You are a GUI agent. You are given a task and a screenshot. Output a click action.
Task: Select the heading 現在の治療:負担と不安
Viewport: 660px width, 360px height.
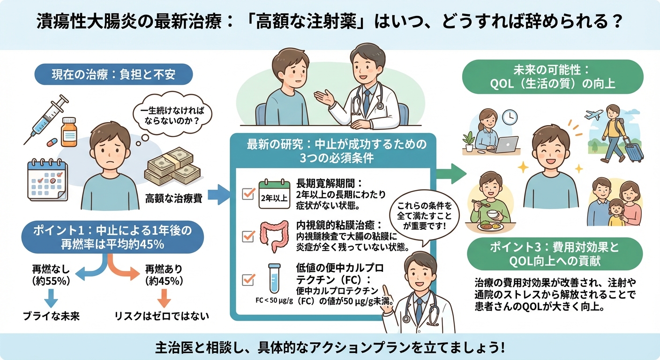click(x=107, y=74)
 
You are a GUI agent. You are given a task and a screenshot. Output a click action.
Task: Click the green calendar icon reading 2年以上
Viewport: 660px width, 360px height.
click(x=275, y=194)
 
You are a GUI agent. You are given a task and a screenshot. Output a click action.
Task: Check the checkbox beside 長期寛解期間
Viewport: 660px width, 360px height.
click(x=247, y=194)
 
